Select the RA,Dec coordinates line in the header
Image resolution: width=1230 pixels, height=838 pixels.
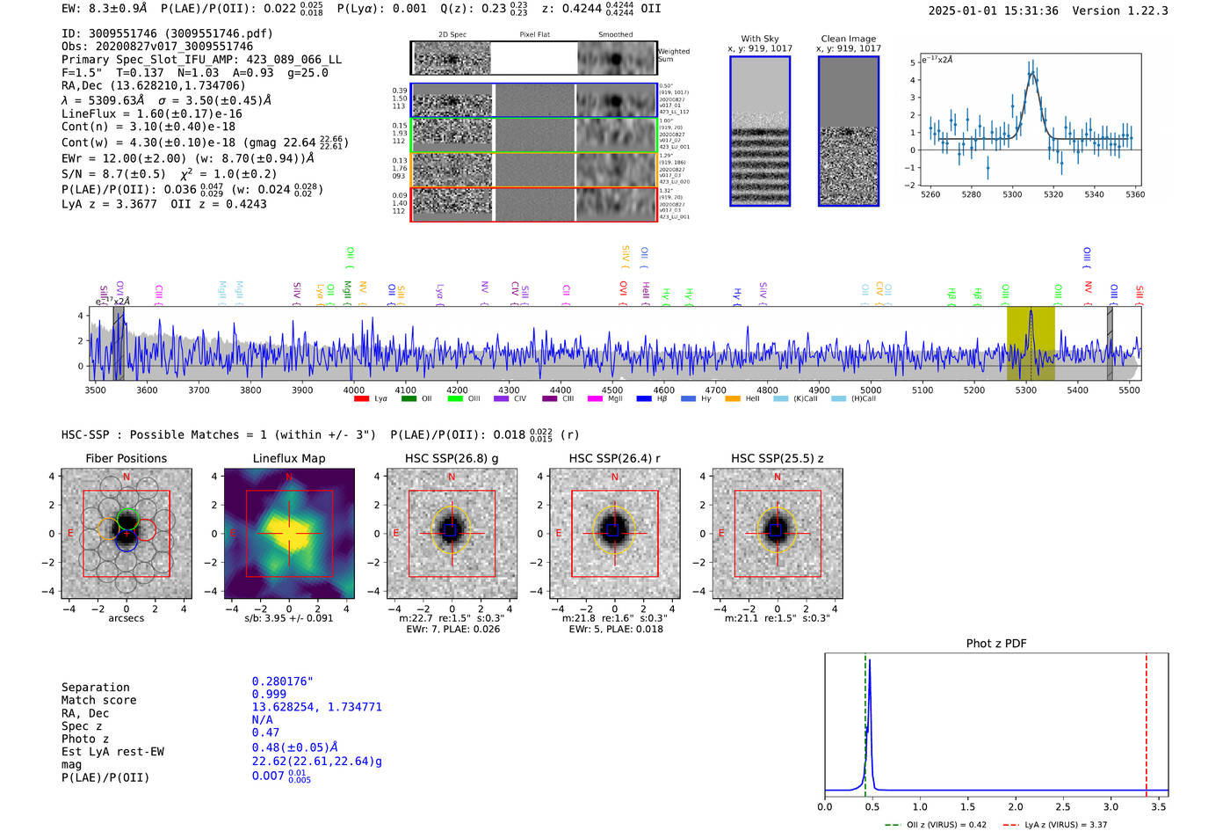point(153,85)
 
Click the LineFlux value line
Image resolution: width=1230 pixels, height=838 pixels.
point(151,113)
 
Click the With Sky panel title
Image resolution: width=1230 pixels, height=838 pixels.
point(759,39)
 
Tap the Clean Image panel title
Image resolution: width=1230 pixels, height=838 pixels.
point(848,39)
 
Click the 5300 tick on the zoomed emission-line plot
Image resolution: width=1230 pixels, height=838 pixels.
point(1012,194)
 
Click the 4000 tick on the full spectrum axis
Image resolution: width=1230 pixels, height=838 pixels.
point(353,390)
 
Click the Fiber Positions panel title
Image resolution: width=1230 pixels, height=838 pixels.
point(126,458)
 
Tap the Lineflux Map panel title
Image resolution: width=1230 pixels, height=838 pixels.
point(288,458)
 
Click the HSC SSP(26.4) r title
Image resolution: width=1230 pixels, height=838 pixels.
point(614,458)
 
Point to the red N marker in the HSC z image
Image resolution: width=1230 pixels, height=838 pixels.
point(777,477)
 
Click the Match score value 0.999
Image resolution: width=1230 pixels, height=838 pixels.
point(269,700)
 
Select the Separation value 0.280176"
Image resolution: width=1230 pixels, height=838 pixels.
point(282,681)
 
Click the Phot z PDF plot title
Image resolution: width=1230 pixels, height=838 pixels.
point(995,644)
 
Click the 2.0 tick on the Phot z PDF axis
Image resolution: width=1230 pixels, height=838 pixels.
point(1016,806)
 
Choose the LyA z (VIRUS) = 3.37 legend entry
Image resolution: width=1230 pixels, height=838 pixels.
point(1065,825)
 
